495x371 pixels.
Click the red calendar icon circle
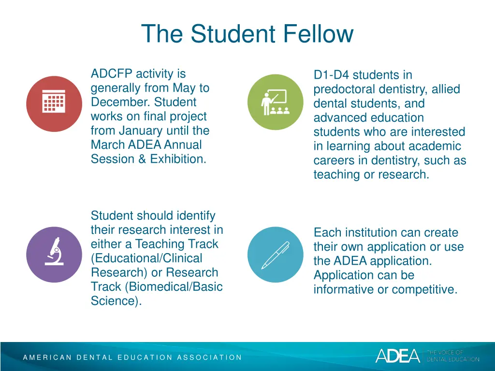(54, 103)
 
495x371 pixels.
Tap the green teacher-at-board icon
(275, 102)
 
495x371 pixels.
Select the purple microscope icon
(54, 254)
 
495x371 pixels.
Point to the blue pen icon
(275, 254)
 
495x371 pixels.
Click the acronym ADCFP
(112, 74)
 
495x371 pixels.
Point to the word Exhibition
(177, 159)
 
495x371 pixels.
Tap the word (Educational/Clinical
(146, 258)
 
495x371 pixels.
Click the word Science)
(116, 301)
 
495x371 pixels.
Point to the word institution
(370, 233)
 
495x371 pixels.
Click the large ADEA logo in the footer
(398, 356)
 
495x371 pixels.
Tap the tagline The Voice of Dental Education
(452, 356)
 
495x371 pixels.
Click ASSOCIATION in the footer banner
(209, 357)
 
